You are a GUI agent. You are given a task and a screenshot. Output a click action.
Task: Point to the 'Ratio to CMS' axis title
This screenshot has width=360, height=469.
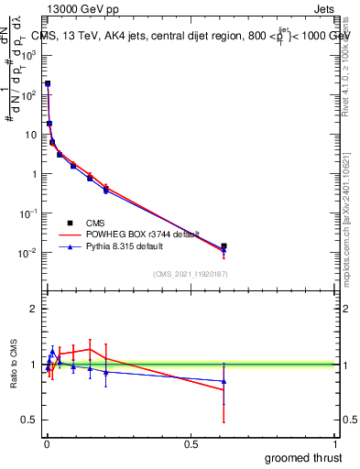click(x=15, y=365)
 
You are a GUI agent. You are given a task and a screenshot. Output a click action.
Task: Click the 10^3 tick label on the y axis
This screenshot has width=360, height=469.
click(x=29, y=55)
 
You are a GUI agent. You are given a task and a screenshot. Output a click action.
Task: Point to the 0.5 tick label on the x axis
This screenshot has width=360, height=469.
click(x=191, y=443)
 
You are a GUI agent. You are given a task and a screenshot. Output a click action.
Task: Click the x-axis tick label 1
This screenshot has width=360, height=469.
click(x=336, y=443)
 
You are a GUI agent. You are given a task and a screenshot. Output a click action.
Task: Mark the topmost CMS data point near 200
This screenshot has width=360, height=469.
click(x=48, y=83)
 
